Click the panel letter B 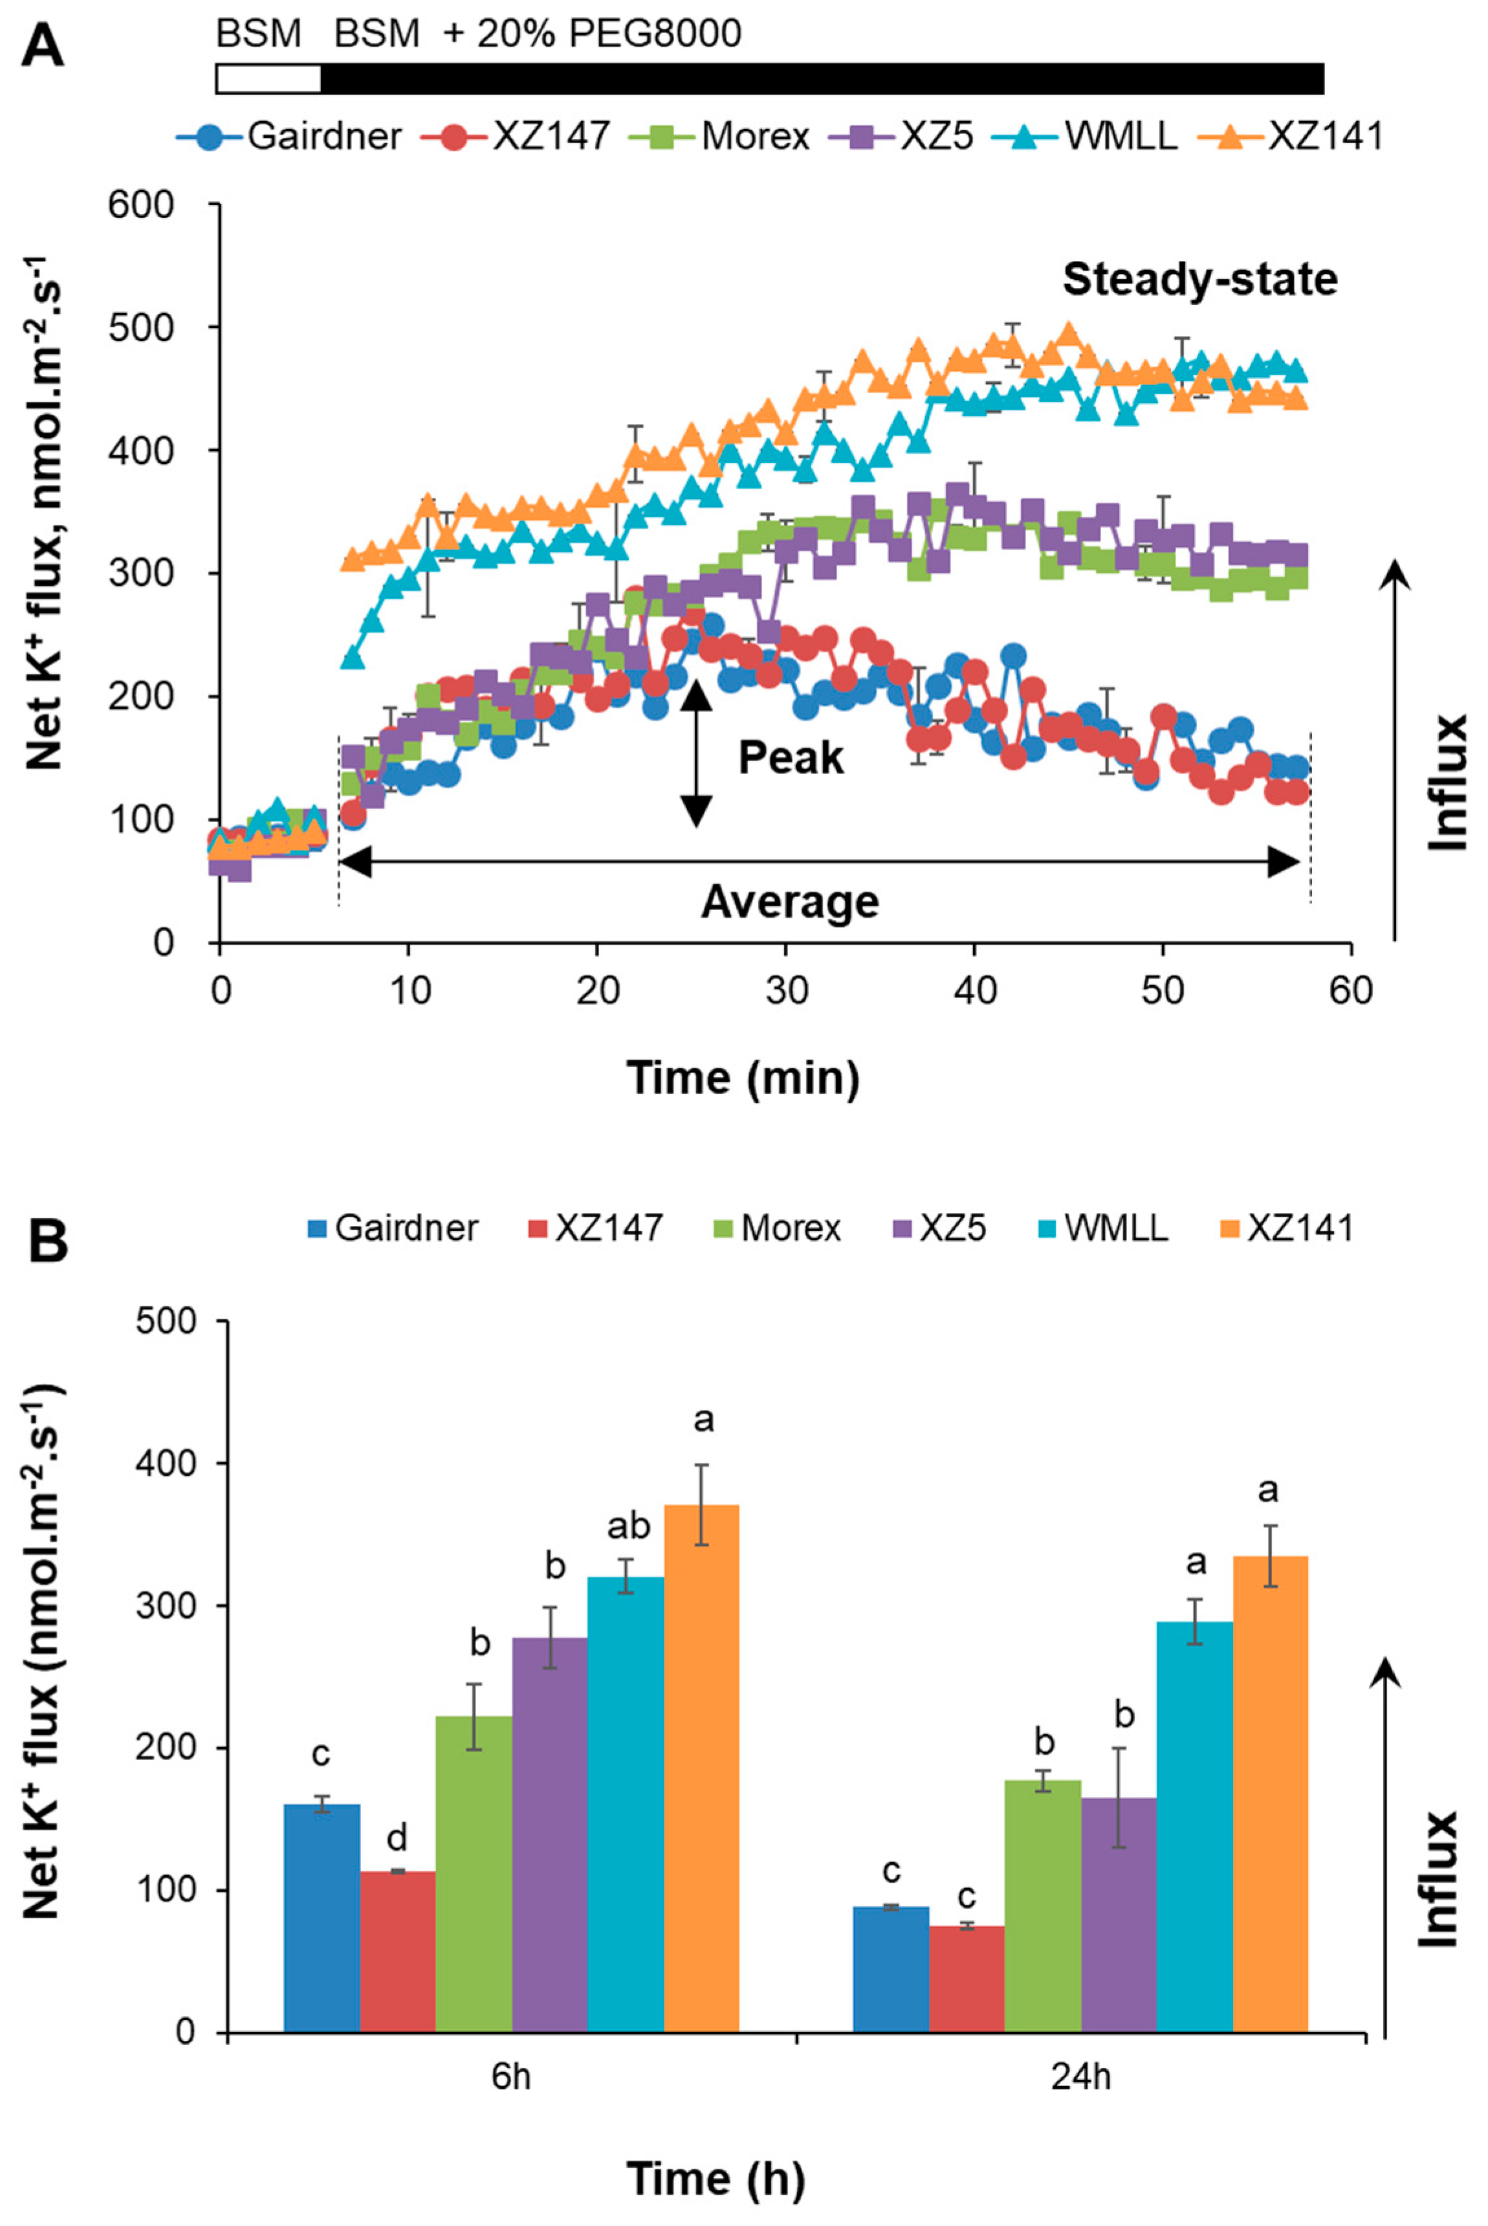point(47,1240)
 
